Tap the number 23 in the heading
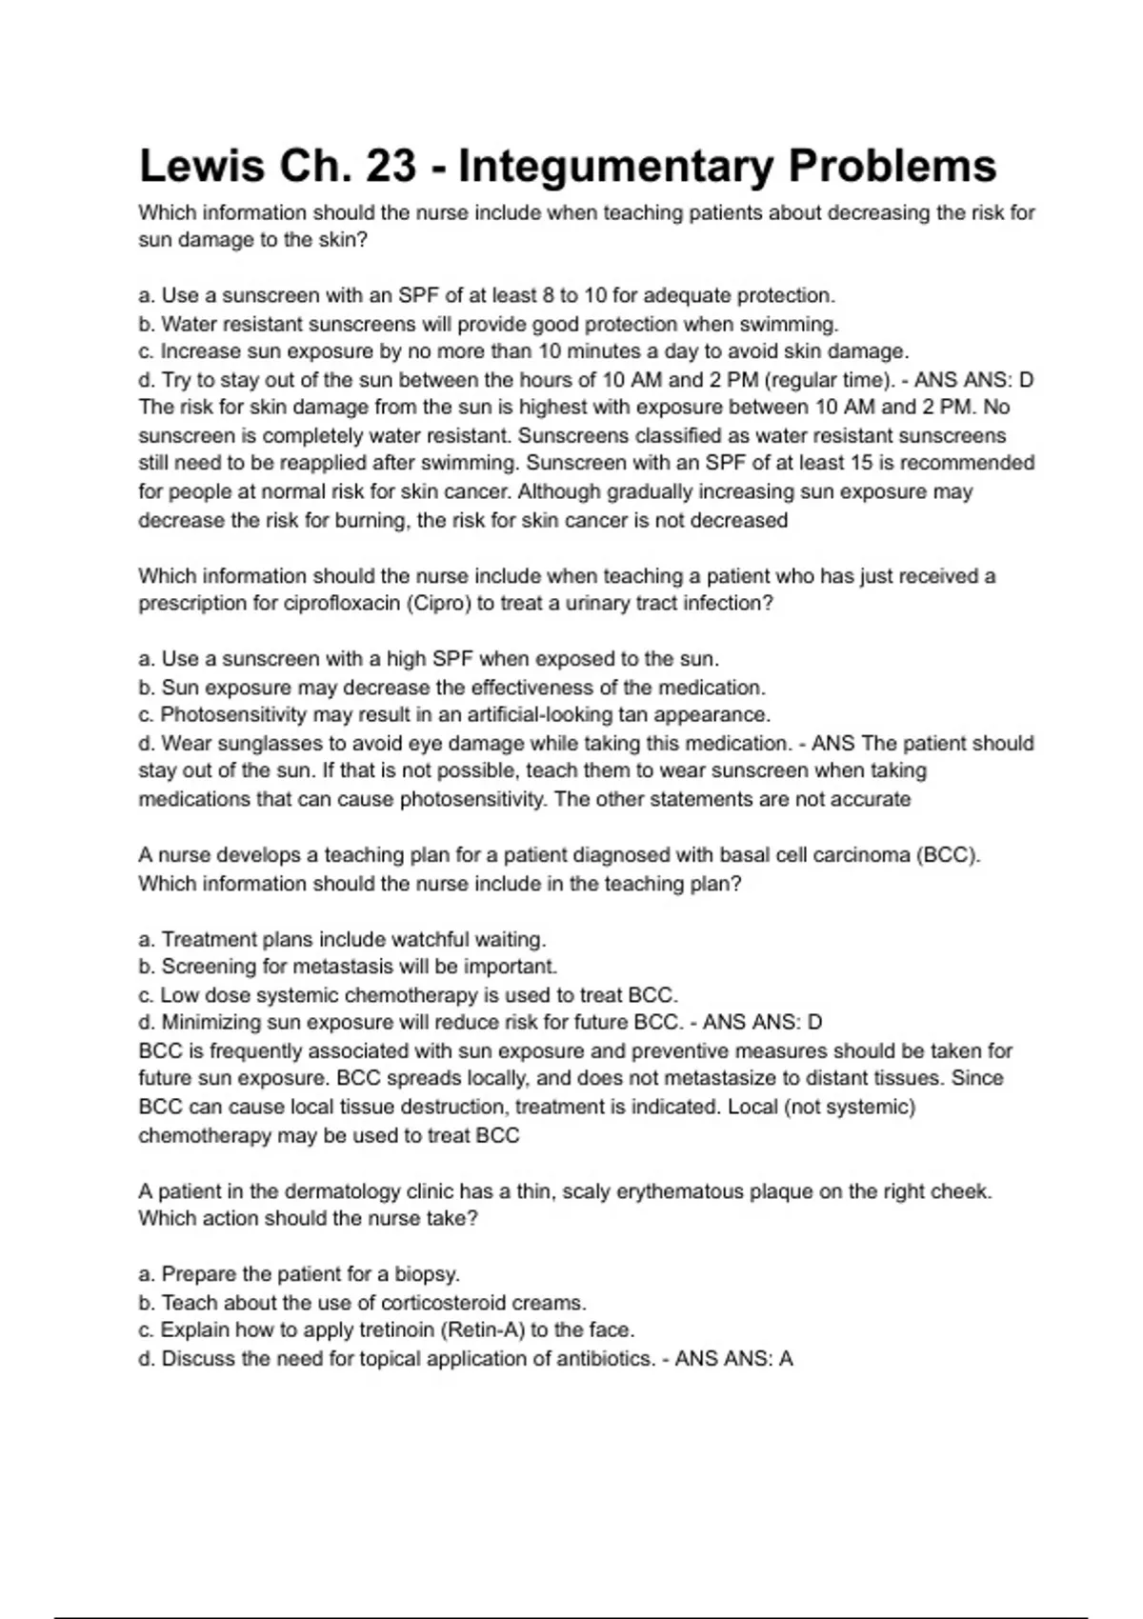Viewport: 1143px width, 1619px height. pos(391,166)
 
